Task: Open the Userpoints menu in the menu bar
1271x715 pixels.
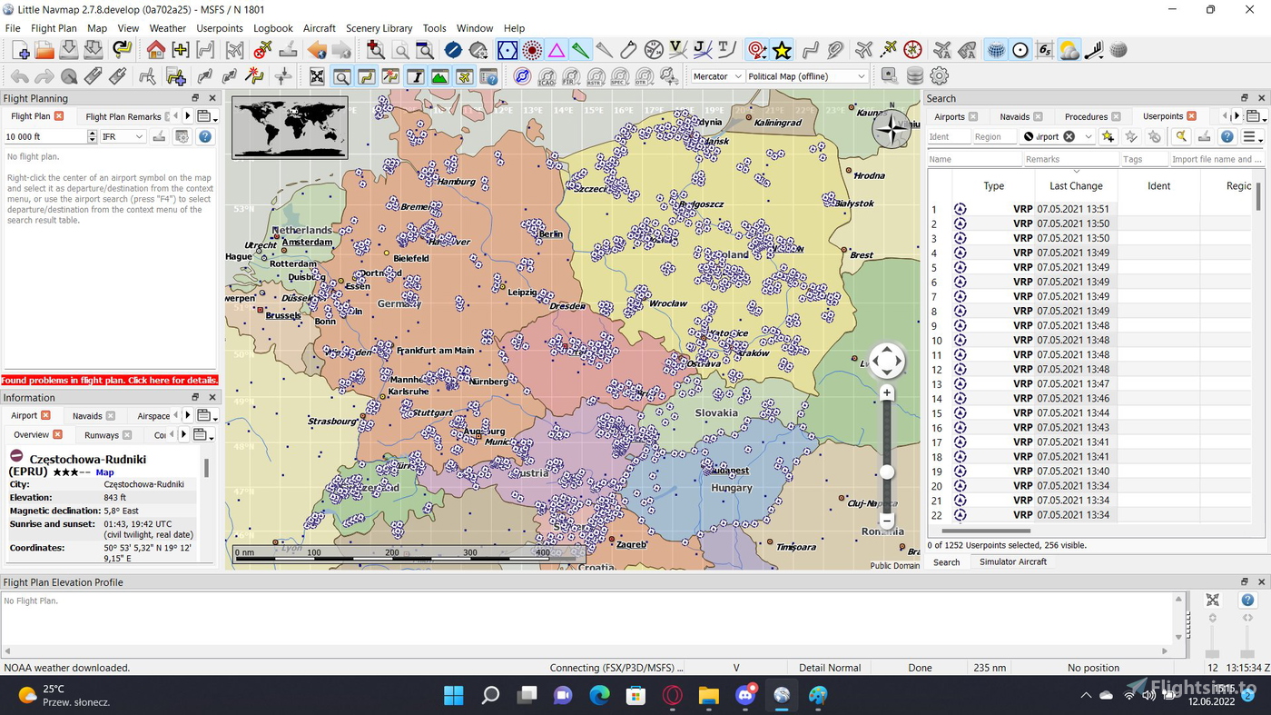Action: [x=220, y=28]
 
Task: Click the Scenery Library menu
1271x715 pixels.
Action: [x=379, y=28]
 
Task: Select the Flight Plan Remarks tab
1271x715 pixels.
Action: [x=123, y=116]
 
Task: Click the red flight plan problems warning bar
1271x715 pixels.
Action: [x=110, y=380]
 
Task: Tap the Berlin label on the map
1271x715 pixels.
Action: [x=550, y=233]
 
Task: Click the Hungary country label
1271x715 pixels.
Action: [x=732, y=488]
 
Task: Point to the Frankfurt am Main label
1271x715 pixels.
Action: [x=435, y=350]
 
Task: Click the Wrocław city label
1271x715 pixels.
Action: [x=668, y=303]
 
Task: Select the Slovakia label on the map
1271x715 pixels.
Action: [x=716, y=412]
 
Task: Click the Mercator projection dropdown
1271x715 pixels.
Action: [x=717, y=76]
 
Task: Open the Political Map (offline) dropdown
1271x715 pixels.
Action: [x=806, y=76]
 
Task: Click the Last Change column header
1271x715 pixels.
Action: [x=1076, y=185]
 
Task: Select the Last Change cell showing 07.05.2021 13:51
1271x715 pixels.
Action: [x=1073, y=209]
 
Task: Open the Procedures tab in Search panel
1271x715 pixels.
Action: [x=1086, y=116]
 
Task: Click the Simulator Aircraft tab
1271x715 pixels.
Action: [x=1012, y=561]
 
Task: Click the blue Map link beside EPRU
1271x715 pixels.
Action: [x=105, y=472]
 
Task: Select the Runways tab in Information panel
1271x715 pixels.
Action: [x=102, y=435]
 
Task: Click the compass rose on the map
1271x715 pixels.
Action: [x=892, y=129]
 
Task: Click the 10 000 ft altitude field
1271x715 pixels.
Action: [x=44, y=136]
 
